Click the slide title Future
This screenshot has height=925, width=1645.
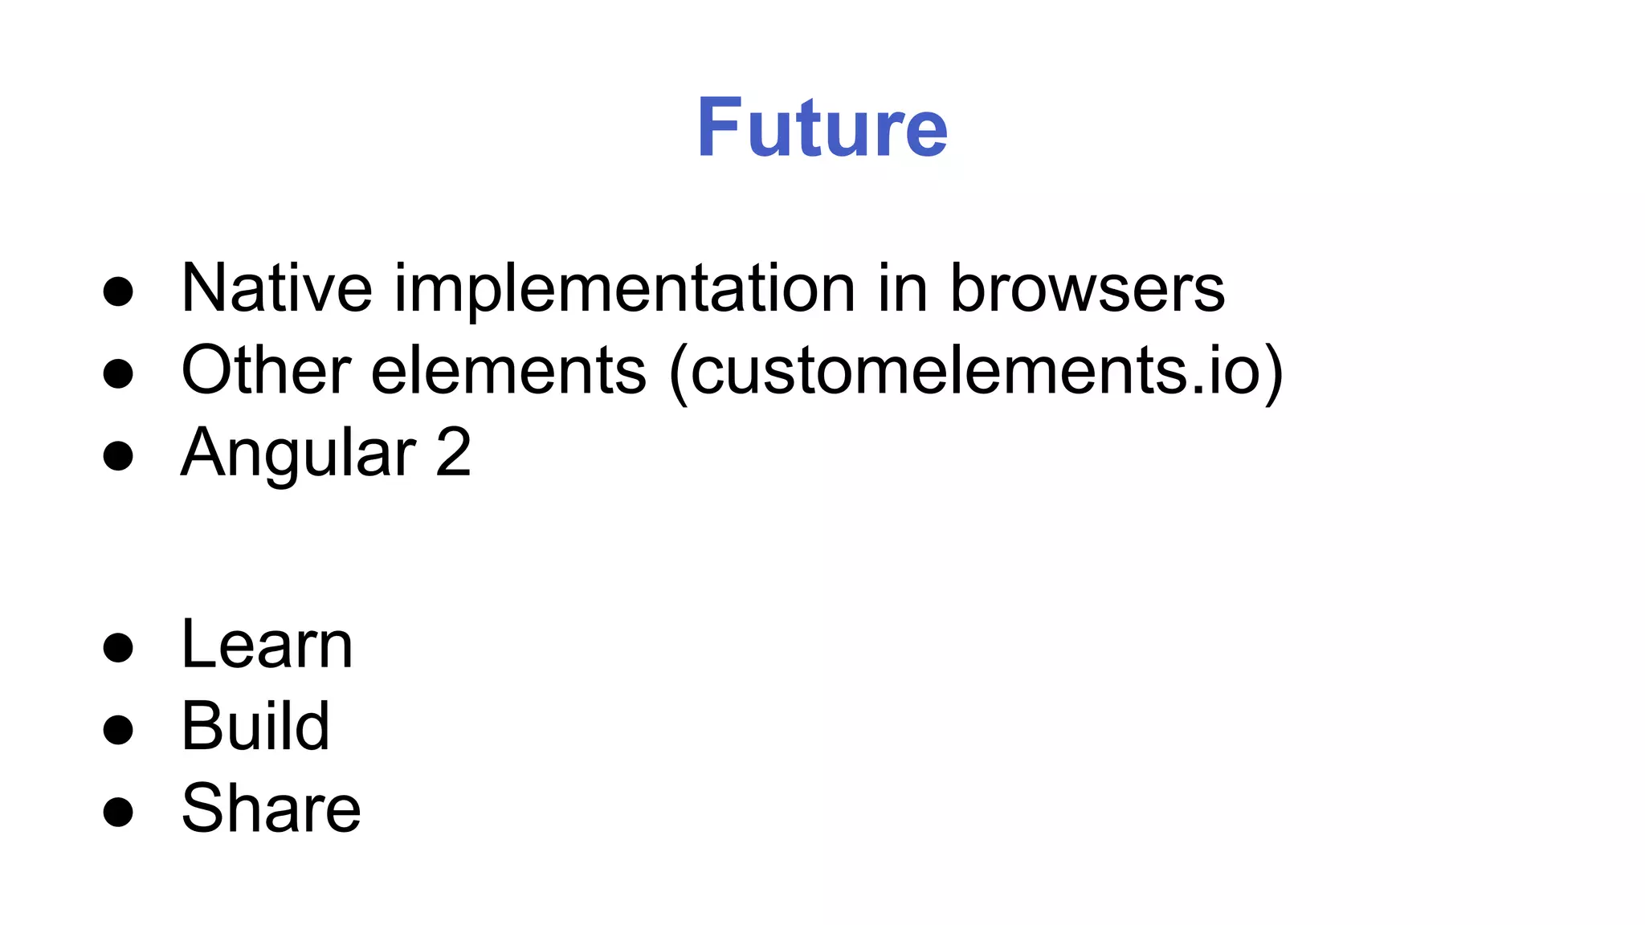[x=822, y=128]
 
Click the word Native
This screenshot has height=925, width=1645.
[x=276, y=288]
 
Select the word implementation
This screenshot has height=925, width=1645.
[x=625, y=291]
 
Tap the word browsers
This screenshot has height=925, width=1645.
[x=1087, y=288]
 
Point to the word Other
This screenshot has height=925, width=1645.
[x=266, y=370]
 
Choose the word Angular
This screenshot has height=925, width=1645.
[x=298, y=453]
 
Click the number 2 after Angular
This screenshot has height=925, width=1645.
[x=453, y=453]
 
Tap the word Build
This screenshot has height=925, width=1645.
[x=255, y=727]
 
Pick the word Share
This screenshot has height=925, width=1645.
[x=271, y=809]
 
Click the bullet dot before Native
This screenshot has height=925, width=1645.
[x=118, y=292]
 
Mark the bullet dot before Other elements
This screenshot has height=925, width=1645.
[x=118, y=374]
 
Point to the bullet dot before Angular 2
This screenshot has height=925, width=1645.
[x=118, y=456]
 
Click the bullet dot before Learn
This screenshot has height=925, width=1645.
[x=118, y=648]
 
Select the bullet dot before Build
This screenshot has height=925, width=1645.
[x=118, y=730]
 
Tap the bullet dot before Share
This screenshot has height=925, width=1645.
[x=118, y=812]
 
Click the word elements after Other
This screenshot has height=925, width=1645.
[x=508, y=370]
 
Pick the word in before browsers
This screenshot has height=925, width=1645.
[x=903, y=288]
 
